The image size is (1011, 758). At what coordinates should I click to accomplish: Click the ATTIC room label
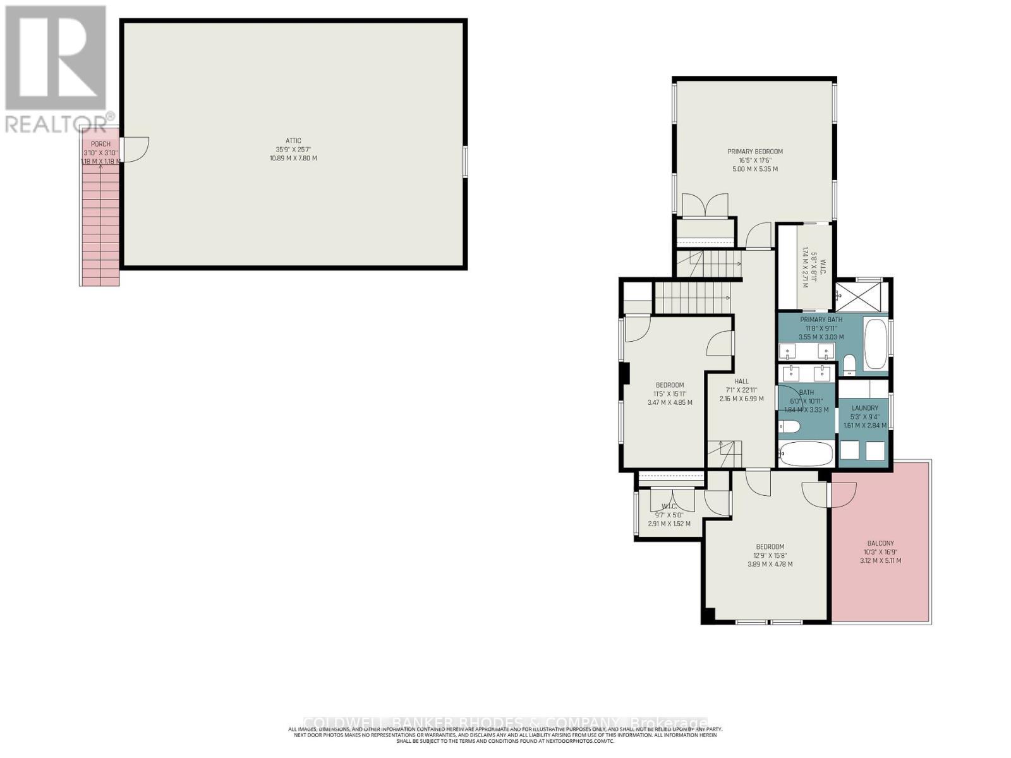(x=293, y=141)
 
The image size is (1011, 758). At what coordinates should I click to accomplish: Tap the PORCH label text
(x=100, y=144)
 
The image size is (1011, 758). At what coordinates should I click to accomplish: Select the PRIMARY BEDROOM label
(x=755, y=152)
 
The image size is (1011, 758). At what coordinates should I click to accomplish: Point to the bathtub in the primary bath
(x=875, y=344)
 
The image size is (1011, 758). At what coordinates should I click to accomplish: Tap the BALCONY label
(x=880, y=543)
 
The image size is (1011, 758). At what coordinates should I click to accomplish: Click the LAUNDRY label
(x=864, y=408)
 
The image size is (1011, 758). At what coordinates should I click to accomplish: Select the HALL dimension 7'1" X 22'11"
(x=742, y=390)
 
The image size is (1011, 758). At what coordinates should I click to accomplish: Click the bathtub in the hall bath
(x=806, y=453)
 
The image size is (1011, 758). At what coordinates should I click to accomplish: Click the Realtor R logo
(x=56, y=58)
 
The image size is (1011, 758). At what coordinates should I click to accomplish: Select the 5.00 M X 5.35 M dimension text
(x=755, y=169)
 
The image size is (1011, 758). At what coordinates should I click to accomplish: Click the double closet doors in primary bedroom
(x=705, y=207)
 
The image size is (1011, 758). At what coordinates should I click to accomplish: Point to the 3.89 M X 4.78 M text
(x=770, y=565)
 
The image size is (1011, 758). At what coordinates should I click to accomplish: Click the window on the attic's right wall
(x=465, y=162)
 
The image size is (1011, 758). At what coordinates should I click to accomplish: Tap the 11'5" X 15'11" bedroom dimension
(x=670, y=394)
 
